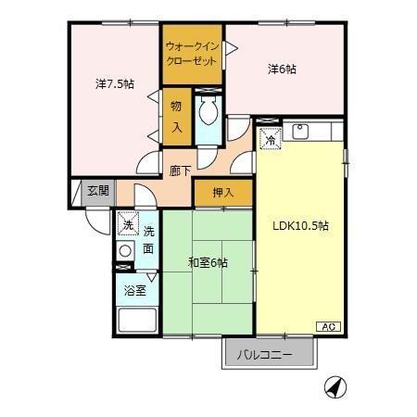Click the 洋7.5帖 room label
(114, 83)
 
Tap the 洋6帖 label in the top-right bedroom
(283, 69)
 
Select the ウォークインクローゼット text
(193, 53)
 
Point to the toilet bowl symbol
(208, 113)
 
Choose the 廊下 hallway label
(180, 171)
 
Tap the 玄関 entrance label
(97, 190)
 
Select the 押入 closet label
(222, 193)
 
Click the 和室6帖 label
(208, 263)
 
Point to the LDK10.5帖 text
(299, 225)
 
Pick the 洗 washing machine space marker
(127, 224)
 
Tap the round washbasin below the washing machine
(126, 249)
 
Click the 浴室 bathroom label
(135, 290)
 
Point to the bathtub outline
(137, 321)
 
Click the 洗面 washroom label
(148, 239)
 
